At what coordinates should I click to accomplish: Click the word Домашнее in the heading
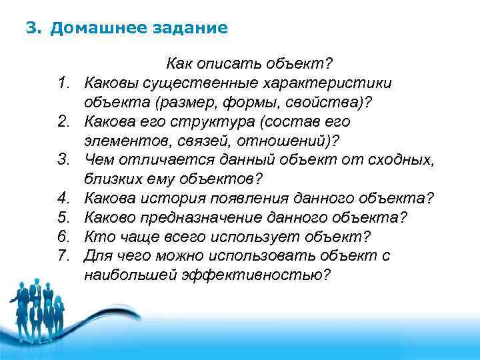[x=93, y=29]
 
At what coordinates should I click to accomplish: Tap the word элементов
[x=124, y=141]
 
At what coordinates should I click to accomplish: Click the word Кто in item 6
[x=98, y=237]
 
